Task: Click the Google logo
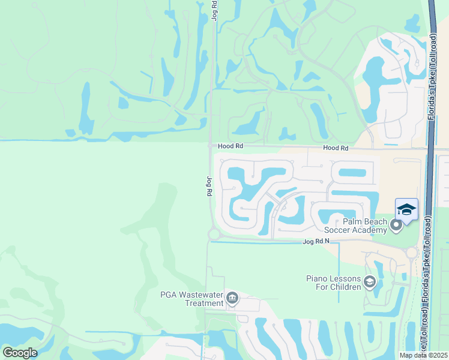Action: click(x=20, y=353)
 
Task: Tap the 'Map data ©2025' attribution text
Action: click(x=424, y=355)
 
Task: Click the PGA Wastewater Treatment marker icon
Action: click(x=232, y=298)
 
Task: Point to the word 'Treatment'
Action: click(x=204, y=303)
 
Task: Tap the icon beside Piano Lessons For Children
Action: click(x=370, y=282)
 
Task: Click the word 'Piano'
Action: click(x=317, y=278)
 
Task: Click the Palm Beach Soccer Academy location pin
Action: click(x=396, y=226)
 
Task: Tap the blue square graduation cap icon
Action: click(x=406, y=209)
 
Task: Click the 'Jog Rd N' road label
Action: click(x=316, y=241)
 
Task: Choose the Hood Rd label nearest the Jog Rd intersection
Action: click(x=230, y=145)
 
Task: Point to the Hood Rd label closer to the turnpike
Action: click(x=335, y=148)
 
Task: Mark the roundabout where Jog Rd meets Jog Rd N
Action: click(x=213, y=235)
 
